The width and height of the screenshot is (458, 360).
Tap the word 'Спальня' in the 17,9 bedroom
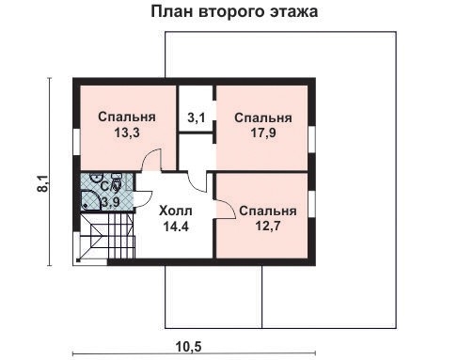pyautogui.click(x=262, y=118)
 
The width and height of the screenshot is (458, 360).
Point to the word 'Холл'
pyautogui.click(x=175, y=210)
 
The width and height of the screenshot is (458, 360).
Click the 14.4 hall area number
pyautogui.click(x=175, y=227)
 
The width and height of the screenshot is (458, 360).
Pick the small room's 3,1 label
pyautogui.click(x=197, y=118)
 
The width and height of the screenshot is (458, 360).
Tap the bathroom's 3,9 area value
pyautogui.click(x=110, y=201)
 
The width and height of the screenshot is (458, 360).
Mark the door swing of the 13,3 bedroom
pyautogui.click(x=150, y=164)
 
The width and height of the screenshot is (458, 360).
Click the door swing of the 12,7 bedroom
pyautogui.click(x=227, y=209)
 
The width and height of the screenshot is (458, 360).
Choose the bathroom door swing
pyautogui.click(x=142, y=198)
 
